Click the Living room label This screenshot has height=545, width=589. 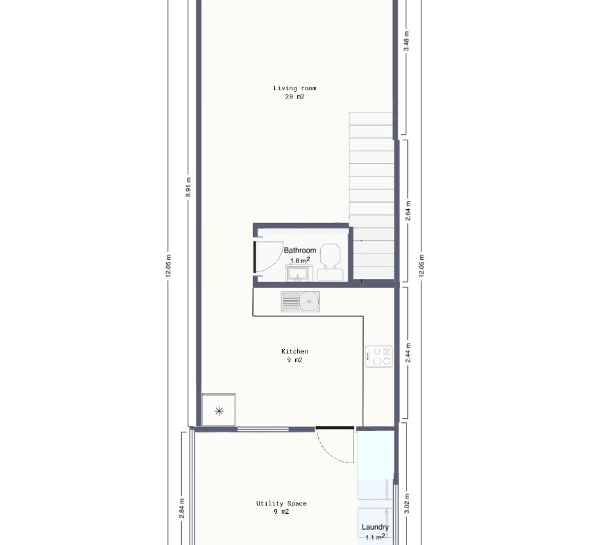click(x=295, y=88)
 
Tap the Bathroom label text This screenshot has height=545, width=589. click(x=300, y=250)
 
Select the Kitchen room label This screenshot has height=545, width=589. click(x=295, y=351)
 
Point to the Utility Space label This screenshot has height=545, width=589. click(x=281, y=503)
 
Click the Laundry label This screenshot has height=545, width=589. click(x=375, y=527)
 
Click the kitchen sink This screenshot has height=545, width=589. click(x=301, y=301)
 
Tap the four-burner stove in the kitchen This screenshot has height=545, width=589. click(x=379, y=356)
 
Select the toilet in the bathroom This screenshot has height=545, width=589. click(x=330, y=262)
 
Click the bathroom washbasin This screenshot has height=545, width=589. click(x=299, y=273)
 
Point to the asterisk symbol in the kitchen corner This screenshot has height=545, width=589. click(x=219, y=411)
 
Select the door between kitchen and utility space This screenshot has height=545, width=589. click(x=335, y=445)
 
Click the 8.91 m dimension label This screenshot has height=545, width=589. click(x=188, y=187)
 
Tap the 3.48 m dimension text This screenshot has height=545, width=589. click(x=406, y=41)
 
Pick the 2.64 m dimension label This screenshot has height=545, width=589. click(x=408, y=211)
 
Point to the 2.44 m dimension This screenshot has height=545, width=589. click(x=408, y=353)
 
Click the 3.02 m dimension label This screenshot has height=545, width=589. click(x=407, y=504)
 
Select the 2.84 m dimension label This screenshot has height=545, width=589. click(x=182, y=509)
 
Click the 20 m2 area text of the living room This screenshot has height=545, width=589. click(x=295, y=97)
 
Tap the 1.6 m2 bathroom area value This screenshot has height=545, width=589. click(x=300, y=260)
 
